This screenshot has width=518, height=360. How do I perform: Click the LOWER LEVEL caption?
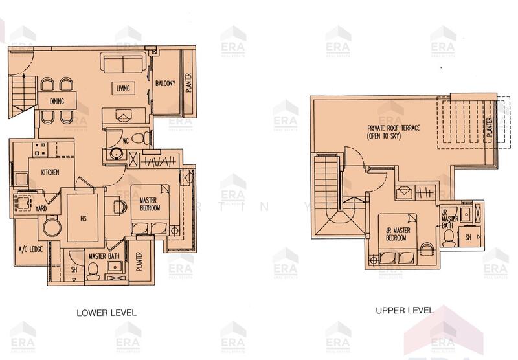pos(106,312)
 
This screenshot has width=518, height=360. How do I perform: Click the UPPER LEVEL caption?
pos(405,311)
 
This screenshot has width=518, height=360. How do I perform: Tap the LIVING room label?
pos(124,88)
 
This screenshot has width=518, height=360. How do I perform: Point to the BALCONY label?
pos(166,83)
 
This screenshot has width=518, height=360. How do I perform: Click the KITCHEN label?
pos(51,172)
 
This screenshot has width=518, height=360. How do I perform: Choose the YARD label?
pos(40,208)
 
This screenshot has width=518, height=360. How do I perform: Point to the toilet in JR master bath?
pos(448,237)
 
